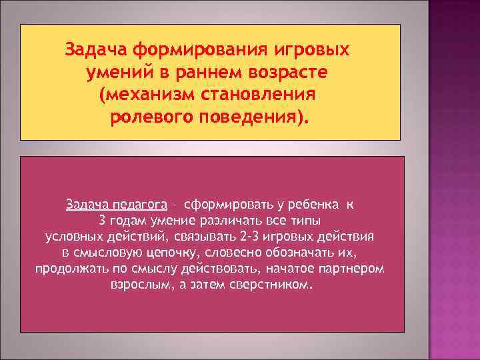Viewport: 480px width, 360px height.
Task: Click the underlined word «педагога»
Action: click(x=138, y=204)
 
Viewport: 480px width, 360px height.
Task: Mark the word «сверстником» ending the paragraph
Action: click(x=277, y=285)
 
